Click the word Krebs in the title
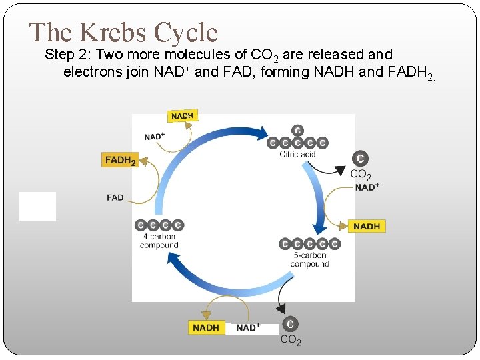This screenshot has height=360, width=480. tap(114, 32)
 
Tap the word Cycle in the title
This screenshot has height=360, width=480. tap(185, 32)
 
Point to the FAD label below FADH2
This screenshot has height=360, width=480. tap(115, 197)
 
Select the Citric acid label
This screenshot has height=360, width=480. tap(297, 155)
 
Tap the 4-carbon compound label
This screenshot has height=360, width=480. tap(159, 241)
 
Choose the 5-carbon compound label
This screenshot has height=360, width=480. tap(309, 259)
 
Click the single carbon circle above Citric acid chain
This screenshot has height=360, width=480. tap(297, 130)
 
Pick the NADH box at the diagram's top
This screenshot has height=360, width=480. tap(182, 115)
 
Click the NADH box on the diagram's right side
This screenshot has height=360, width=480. tap(367, 226)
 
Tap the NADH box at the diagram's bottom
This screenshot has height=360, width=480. tap(205, 327)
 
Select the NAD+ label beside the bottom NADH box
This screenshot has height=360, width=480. tap(247, 327)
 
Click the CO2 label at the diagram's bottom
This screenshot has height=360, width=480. tap(291, 340)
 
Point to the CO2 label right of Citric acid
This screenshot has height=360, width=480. tap(361, 175)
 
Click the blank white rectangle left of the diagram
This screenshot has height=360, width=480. tap(37, 206)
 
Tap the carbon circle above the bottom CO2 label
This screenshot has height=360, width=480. tap(290, 324)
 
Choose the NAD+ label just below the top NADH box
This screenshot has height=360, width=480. tap(155, 137)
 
